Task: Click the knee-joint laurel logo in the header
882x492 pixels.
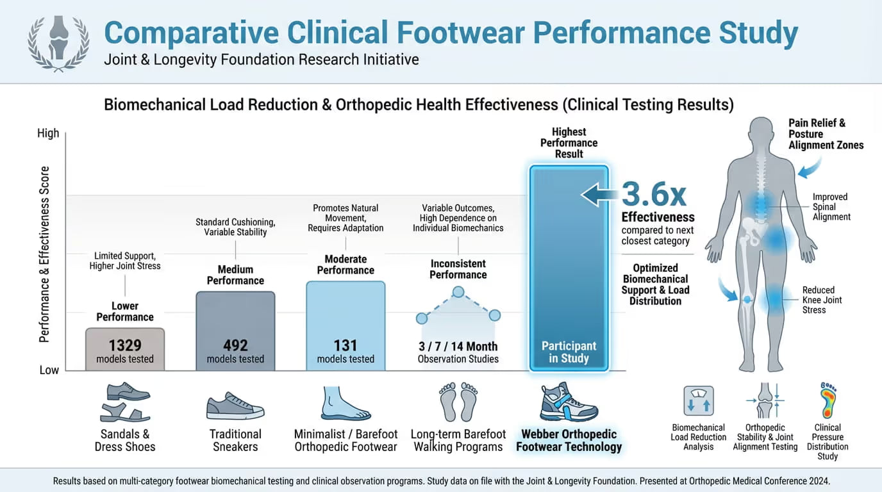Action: [58, 42]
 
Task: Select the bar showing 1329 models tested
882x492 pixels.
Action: [125, 349]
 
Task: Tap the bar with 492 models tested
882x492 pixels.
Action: [235, 331]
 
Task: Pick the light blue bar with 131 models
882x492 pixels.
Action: [345, 325]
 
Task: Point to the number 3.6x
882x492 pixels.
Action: [654, 193]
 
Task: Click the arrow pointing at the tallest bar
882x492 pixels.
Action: [599, 194]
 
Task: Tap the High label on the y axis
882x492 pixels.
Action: [48, 133]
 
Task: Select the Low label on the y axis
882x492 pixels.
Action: [49, 370]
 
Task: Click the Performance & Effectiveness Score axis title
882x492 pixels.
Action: [45, 254]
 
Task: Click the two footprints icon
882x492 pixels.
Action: [458, 402]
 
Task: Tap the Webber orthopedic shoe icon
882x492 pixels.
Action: [569, 402]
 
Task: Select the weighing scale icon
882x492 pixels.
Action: [698, 402]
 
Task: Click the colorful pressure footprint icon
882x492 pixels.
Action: [827, 401]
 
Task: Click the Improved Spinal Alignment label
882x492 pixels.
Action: [831, 207]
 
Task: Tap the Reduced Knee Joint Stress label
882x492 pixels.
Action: [822, 300]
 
